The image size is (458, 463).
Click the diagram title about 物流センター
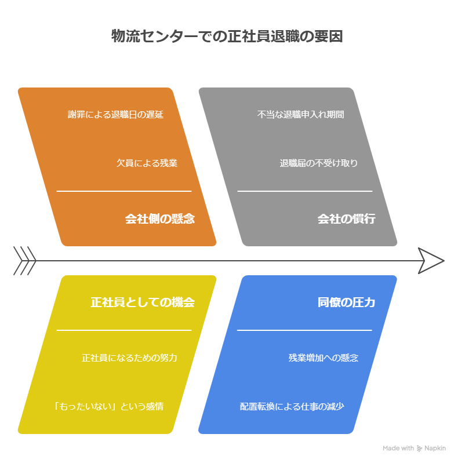[x=227, y=37]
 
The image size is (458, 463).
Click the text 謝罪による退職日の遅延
[x=115, y=115]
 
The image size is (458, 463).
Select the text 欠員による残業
[x=147, y=163]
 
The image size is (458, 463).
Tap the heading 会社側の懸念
[x=159, y=219]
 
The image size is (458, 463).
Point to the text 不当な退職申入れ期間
[x=301, y=115]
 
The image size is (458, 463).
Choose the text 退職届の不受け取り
[x=318, y=163]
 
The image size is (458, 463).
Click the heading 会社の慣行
[x=346, y=219]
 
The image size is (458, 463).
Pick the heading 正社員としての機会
[x=143, y=302]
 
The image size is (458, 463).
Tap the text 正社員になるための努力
[x=129, y=358]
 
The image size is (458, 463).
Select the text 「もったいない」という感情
[x=108, y=406]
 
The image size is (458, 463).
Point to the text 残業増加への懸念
[x=323, y=358]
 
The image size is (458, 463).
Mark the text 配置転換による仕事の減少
[x=292, y=406]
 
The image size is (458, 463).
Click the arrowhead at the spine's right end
[x=431, y=260]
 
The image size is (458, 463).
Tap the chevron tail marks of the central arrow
[x=24, y=260]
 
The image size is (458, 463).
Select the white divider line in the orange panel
[x=123, y=191]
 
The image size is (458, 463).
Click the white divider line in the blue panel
[x=304, y=330]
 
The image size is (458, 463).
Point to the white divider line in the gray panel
[x=304, y=191]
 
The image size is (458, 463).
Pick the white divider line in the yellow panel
[x=123, y=330]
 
